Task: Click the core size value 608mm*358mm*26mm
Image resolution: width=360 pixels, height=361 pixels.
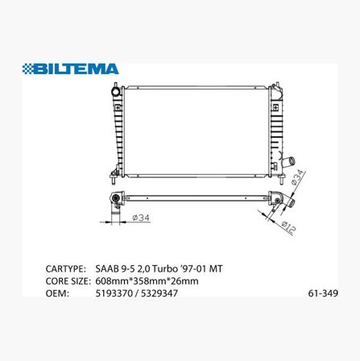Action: (141, 281)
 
